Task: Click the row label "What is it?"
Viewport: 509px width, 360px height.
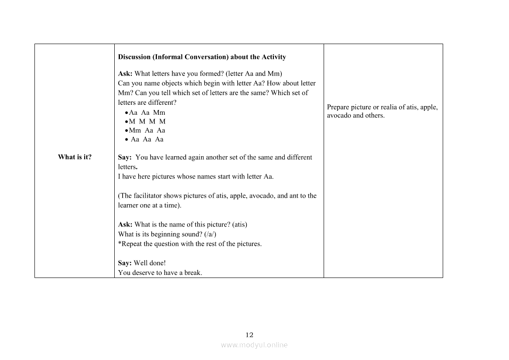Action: [75, 157]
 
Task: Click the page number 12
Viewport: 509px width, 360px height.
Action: [249, 335]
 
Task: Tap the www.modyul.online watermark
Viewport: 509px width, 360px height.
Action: [254, 345]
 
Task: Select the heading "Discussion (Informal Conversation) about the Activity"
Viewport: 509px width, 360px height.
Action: [202, 57]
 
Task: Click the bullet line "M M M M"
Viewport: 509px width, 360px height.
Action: [147, 121]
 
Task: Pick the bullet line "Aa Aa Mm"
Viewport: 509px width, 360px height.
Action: [147, 113]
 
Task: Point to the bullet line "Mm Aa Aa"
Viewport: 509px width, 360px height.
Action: [147, 130]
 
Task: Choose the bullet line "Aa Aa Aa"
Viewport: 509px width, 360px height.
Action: [147, 139]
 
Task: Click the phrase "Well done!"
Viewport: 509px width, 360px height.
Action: [150, 263]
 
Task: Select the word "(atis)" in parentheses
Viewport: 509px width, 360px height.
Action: [239, 224]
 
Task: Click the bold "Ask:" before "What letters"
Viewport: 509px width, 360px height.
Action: [125, 73]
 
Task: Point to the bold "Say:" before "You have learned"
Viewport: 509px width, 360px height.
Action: [125, 157]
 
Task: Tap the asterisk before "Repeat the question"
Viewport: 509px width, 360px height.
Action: [120, 243]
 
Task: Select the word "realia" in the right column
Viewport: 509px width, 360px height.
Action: [383, 107]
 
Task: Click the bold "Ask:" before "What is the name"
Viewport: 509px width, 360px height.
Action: [125, 224]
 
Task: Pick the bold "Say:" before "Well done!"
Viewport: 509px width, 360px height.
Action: [125, 263]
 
